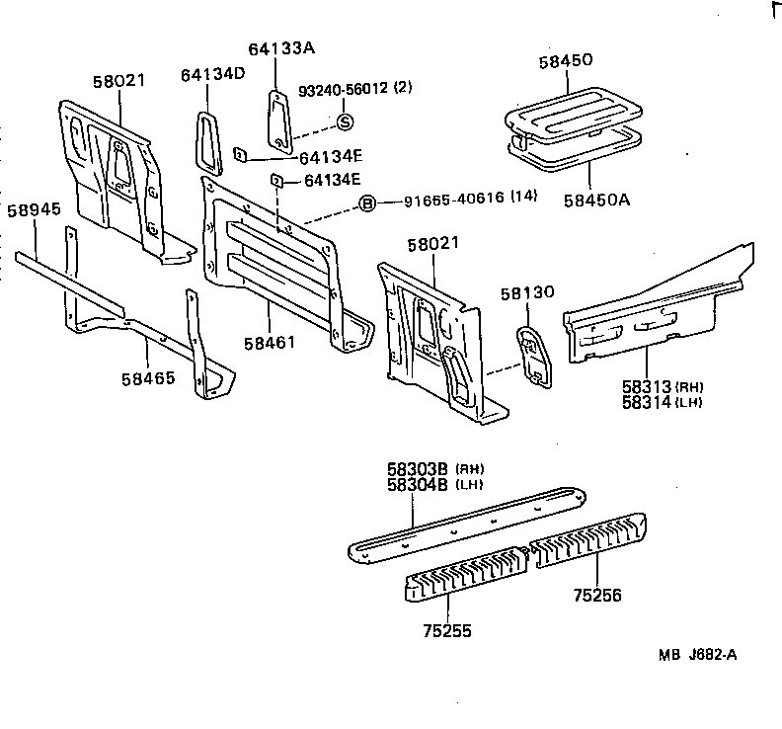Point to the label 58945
click(x=33, y=210)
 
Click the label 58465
click(x=149, y=378)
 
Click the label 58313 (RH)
click(x=648, y=385)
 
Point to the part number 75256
click(x=597, y=596)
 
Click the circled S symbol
click(x=346, y=121)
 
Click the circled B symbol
click(x=366, y=204)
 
